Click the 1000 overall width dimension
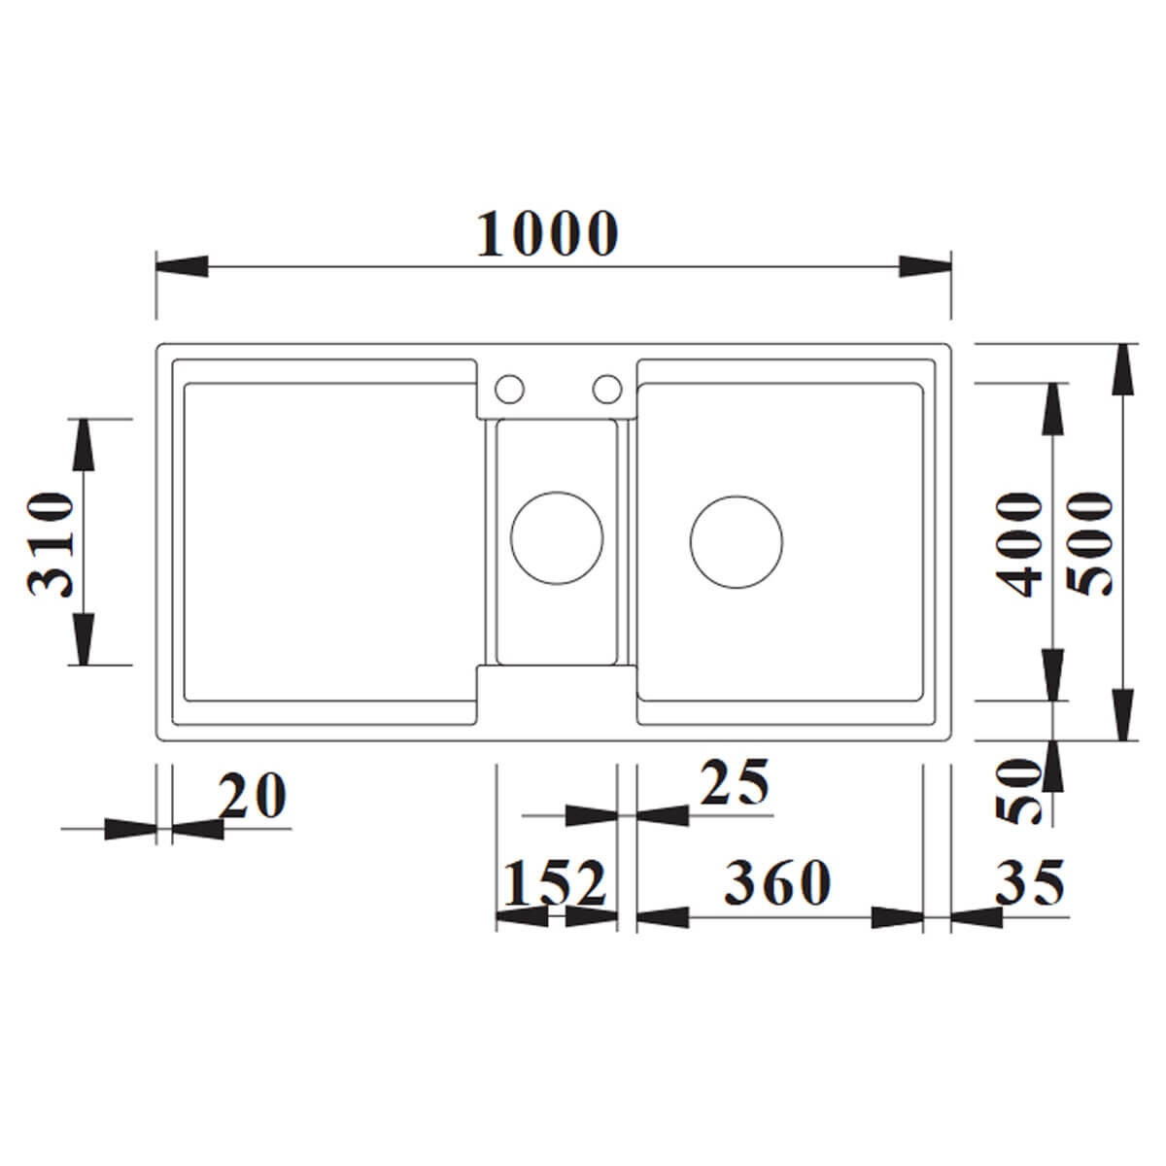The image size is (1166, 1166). (x=547, y=234)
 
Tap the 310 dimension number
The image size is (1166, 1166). (x=51, y=543)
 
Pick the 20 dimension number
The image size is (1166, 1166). (x=252, y=796)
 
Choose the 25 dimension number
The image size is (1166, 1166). (x=734, y=782)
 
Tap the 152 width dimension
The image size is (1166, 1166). (x=555, y=884)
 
